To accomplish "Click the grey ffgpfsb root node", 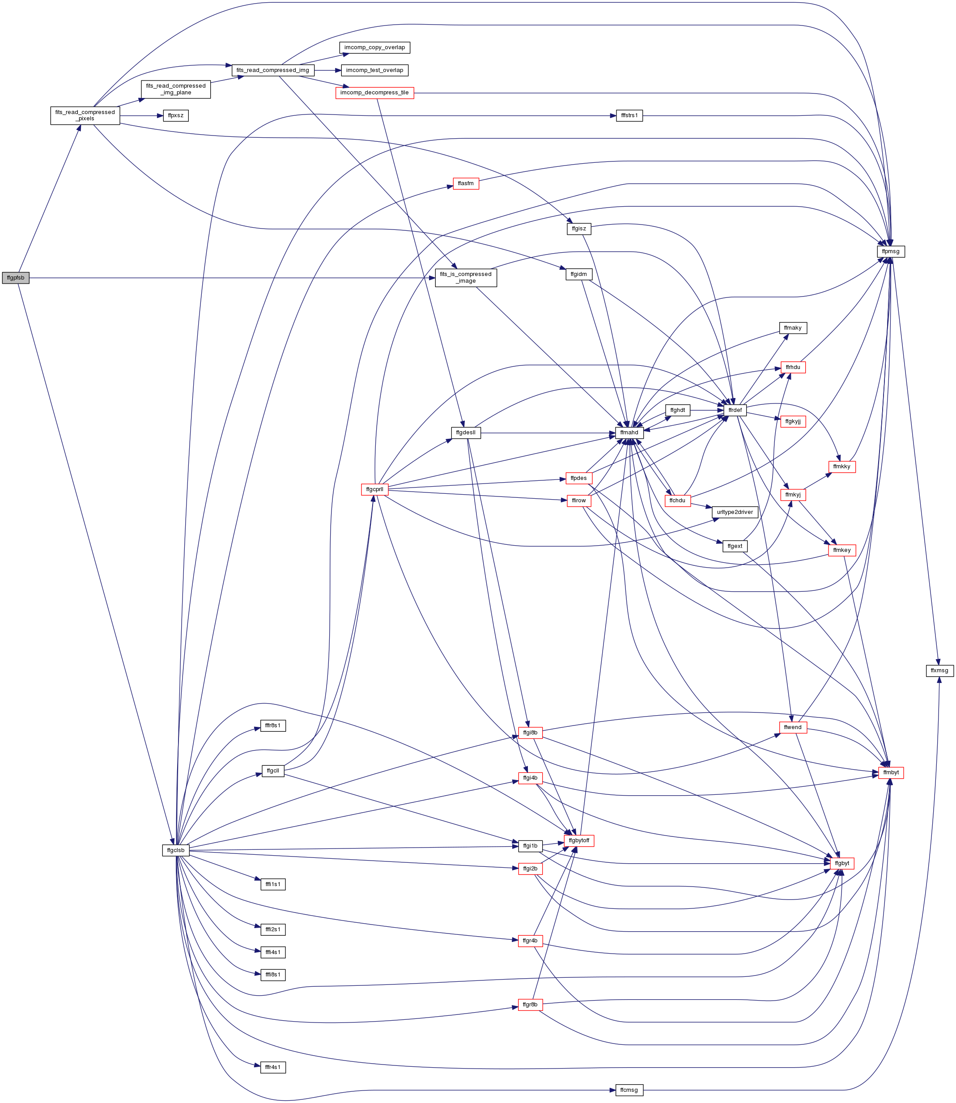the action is tap(16, 278).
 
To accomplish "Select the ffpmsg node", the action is tap(890, 251).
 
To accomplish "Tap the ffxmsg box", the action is tap(939, 670).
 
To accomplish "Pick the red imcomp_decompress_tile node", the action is tap(374, 93).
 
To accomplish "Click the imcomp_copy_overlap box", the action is tap(374, 47).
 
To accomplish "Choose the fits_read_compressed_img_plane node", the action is tap(176, 89).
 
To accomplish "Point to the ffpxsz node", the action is tap(176, 115).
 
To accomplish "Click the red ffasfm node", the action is tap(466, 183).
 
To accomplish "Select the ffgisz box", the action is tap(579, 229).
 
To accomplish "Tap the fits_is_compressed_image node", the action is tap(466, 277).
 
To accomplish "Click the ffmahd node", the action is tap(629, 433).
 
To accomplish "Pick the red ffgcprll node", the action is tap(374, 489).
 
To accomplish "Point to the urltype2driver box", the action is tap(735, 512).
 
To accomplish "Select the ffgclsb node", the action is tap(176, 850).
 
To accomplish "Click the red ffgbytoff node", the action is tap(579, 840).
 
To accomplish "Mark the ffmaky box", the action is tap(793, 328).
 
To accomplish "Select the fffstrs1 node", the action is tap(629, 115).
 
